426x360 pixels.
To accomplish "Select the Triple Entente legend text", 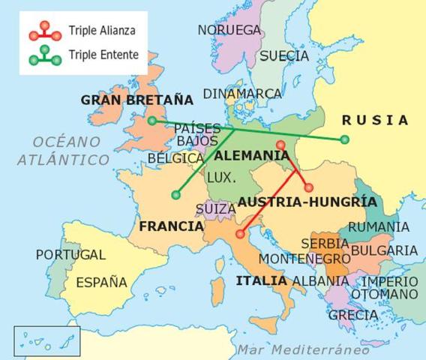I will [x=103, y=54].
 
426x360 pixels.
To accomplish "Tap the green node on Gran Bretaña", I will [x=152, y=121].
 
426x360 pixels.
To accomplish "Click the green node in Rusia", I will [x=344, y=139].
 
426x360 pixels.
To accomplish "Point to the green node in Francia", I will [x=175, y=195].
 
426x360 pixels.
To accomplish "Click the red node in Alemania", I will [x=280, y=145].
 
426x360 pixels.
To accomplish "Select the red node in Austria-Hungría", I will [x=308, y=187].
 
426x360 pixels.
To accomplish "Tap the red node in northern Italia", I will [x=239, y=234].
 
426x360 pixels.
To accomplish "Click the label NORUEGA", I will [x=229, y=30].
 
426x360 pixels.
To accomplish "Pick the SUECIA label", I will [x=283, y=55].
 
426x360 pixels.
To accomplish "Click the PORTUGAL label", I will [x=70, y=255].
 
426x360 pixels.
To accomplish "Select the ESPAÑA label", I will [x=102, y=283].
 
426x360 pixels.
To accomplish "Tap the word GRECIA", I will [x=352, y=315].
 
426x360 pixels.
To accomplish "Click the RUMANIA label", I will [x=379, y=226].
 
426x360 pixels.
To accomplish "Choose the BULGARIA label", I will [x=384, y=250].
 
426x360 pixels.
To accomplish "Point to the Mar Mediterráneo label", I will [x=303, y=349].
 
